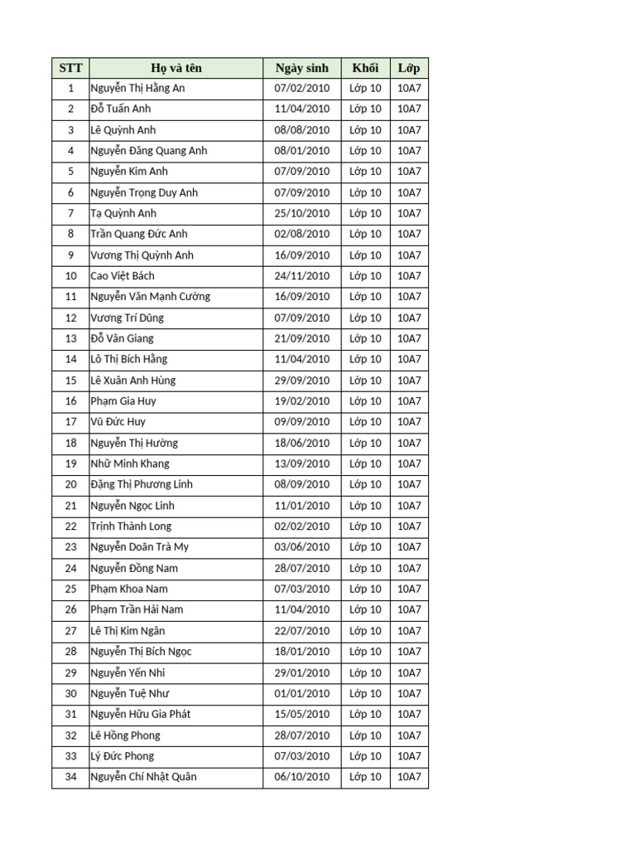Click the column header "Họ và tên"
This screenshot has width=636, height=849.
point(176,68)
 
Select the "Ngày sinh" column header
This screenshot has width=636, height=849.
point(301,68)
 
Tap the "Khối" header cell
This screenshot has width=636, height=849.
point(365,68)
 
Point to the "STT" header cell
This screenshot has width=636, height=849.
point(70,68)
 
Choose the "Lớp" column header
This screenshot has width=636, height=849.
point(409,68)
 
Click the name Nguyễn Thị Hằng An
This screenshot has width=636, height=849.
point(137,88)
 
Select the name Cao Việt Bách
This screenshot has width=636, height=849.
point(123,276)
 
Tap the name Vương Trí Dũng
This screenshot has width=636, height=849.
point(127,318)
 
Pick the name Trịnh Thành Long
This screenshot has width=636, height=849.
point(131,526)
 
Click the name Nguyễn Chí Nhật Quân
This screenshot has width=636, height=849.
point(143,777)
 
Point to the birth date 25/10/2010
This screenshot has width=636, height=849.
point(301,213)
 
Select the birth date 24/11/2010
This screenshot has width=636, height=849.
point(301,276)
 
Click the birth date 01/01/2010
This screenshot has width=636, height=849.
point(301,693)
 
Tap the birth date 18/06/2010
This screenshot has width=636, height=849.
point(301,443)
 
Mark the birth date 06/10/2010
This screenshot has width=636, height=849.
point(301,777)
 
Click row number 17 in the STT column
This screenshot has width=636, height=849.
point(70,422)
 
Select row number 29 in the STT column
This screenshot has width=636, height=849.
point(70,672)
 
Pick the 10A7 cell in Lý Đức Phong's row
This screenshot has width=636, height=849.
point(409,756)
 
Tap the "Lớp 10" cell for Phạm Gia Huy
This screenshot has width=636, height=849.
point(365,401)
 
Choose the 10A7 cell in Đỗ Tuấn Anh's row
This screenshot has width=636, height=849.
point(409,109)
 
